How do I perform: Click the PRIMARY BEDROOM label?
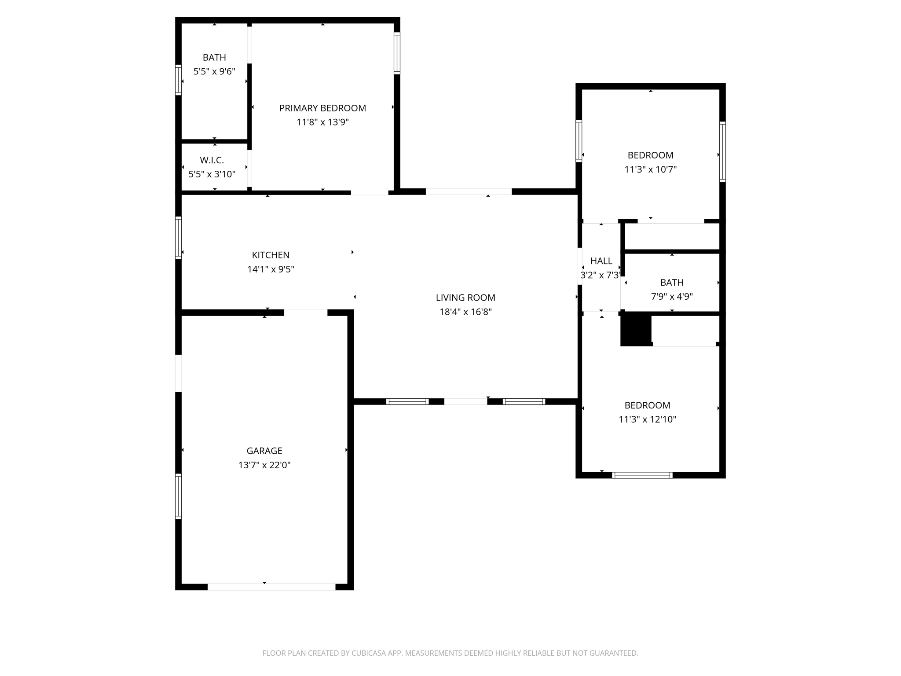click(322, 108)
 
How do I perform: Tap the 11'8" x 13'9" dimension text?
click(322, 122)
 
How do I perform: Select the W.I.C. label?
click(212, 160)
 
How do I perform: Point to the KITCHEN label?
click(271, 255)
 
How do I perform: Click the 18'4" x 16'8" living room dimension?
click(465, 312)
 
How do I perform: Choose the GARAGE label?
click(264, 451)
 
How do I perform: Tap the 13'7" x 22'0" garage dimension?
click(264, 465)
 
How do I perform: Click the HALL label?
click(601, 261)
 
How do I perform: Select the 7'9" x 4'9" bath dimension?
click(672, 297)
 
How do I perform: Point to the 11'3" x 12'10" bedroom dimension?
click(647, 419)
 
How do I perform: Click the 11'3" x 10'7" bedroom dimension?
click(650, 169)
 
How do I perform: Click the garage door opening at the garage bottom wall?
click(271, 587)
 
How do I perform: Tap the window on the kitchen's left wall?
click(178, 238)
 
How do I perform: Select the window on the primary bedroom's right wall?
click(397, 53)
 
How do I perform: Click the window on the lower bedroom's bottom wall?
click(642, 475)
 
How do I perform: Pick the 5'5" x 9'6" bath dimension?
click(214, 72)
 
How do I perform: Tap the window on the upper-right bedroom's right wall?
click(722, 151)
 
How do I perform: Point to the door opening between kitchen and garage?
click(305, 312)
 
